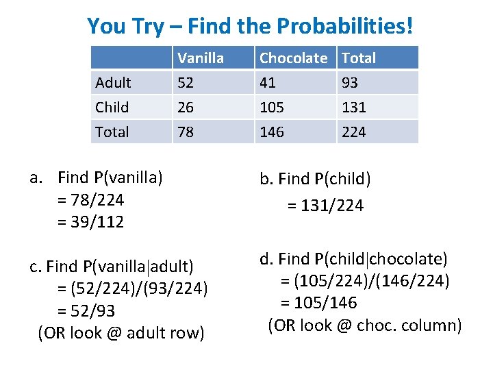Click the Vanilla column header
[201, 58]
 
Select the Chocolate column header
[293, 58]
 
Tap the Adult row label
[114, 83]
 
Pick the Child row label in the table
[112, 108]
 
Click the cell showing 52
[186, 83]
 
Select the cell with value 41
[268, 83]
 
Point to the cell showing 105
[272, 108]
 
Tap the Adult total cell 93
[350, 83]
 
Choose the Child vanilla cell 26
[186, 108]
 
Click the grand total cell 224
[353, 132]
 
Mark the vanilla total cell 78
[186, 132]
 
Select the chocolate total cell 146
[272, 132]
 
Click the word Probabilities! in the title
[345, 27]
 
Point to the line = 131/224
[325, 205]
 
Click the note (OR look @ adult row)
[121, 333]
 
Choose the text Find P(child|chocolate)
[363, 259]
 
